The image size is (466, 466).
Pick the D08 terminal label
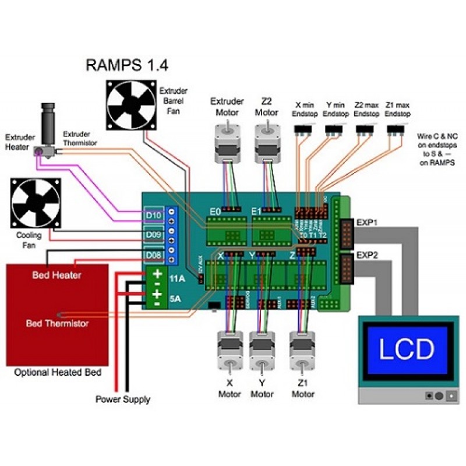click(x=153, y=255)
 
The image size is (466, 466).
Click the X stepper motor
click(x=229, y=352)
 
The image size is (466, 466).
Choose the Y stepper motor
click(x=262, y=352)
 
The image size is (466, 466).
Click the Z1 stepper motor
click(x=302, y=352)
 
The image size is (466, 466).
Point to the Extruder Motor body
click(x=224, y=143)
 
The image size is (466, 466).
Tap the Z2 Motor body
click(x=266, y=143)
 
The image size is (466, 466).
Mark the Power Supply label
click(x=122, y=400)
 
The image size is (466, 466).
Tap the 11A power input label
click(x=177, y=279)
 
